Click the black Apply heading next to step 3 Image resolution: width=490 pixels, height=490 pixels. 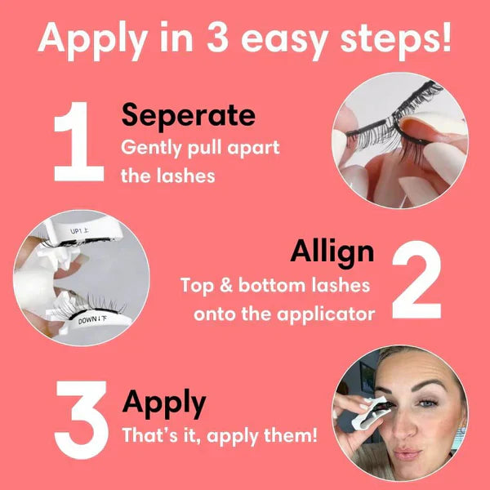(x=163, y=403)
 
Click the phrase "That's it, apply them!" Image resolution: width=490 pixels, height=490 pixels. (x=219, y=435)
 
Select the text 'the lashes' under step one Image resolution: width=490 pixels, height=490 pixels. (x=168, y=176)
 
